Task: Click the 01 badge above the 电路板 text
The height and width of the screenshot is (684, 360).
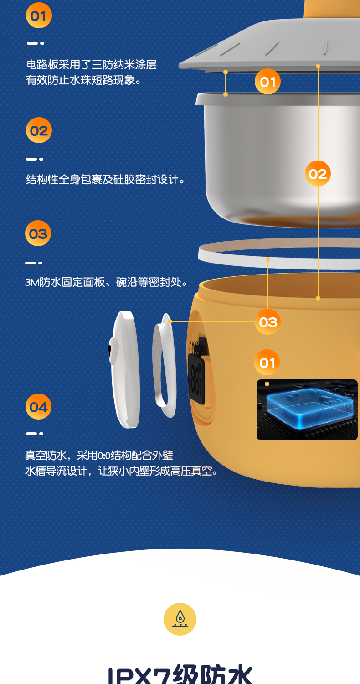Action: (x=39, y=15)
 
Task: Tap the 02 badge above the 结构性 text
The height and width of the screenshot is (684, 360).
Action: (x=39, y=130)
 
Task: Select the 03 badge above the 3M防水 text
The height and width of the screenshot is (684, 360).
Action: (x=38, y=233)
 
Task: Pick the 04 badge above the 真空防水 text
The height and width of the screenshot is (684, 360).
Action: (x=38, y=406)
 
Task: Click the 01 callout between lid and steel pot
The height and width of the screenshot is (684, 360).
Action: (x=267, y=82)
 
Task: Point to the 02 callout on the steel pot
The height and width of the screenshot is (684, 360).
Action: (x=318, y=173)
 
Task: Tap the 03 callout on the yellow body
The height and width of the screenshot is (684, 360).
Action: (x=268, y=321)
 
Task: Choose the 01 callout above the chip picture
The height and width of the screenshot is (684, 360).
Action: (x=267, y=363)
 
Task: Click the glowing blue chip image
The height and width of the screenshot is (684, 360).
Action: (x=307, y=410)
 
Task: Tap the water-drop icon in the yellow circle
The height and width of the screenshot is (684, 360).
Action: (x=180, y=619)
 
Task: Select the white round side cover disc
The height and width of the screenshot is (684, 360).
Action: (x=124, y=370)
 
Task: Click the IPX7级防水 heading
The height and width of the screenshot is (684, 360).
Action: (x=180, y=674)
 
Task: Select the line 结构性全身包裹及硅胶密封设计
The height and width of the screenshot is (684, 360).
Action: (x=105, y=180)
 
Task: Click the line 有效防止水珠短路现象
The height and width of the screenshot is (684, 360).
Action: (x=83, y=80)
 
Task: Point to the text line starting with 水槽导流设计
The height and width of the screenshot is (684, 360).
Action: (x=121, y=471)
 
